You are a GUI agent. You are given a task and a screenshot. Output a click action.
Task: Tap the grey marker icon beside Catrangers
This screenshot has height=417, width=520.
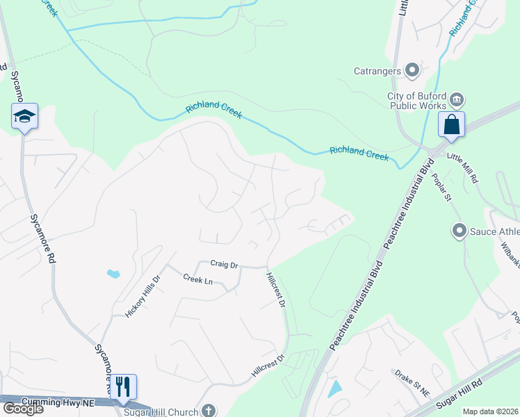pos(412,69)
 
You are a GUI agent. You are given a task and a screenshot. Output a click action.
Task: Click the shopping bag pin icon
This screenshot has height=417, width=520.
pos(451,125)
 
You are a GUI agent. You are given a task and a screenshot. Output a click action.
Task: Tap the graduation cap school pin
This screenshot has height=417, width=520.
pos(24,116)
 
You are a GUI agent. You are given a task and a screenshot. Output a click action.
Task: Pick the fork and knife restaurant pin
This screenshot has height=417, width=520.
pos(123,386)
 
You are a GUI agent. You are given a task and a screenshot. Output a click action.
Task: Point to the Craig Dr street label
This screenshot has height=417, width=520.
pos(225,265)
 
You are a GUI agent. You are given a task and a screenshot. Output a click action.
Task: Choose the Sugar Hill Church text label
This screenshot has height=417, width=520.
pos(168,412)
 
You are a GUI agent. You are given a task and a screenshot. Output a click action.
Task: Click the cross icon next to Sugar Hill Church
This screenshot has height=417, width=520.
pos(207,411)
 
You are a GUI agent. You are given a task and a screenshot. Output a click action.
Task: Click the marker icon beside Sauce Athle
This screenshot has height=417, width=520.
pos(459,230)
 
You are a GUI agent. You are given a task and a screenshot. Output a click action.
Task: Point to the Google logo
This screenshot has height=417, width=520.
pos(22,409)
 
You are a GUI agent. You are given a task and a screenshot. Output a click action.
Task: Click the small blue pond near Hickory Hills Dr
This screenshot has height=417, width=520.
pos(113,273)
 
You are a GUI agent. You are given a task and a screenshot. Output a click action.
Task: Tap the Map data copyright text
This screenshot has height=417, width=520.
pos(491,411)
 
